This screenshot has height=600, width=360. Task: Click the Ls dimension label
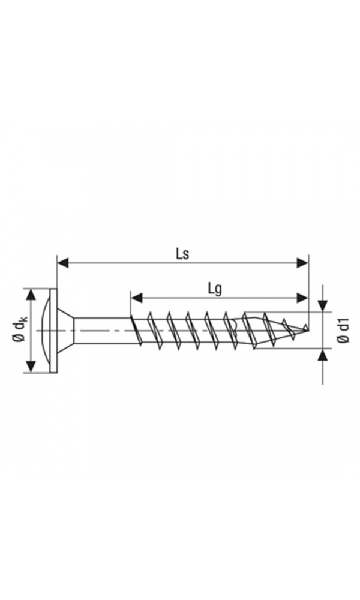click(x=182, y=254)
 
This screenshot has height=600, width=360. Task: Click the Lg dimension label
click(x=215, y=289)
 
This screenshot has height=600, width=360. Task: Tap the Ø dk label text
click(x=19, y=331)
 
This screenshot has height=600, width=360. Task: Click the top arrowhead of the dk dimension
click(x=30, y=295)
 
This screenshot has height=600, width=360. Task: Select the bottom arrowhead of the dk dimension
click(x=30, y=367)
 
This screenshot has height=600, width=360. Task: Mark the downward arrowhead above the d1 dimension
click(x=323, y=305)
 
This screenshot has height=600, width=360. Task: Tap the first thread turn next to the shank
click(x=136, y=331)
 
